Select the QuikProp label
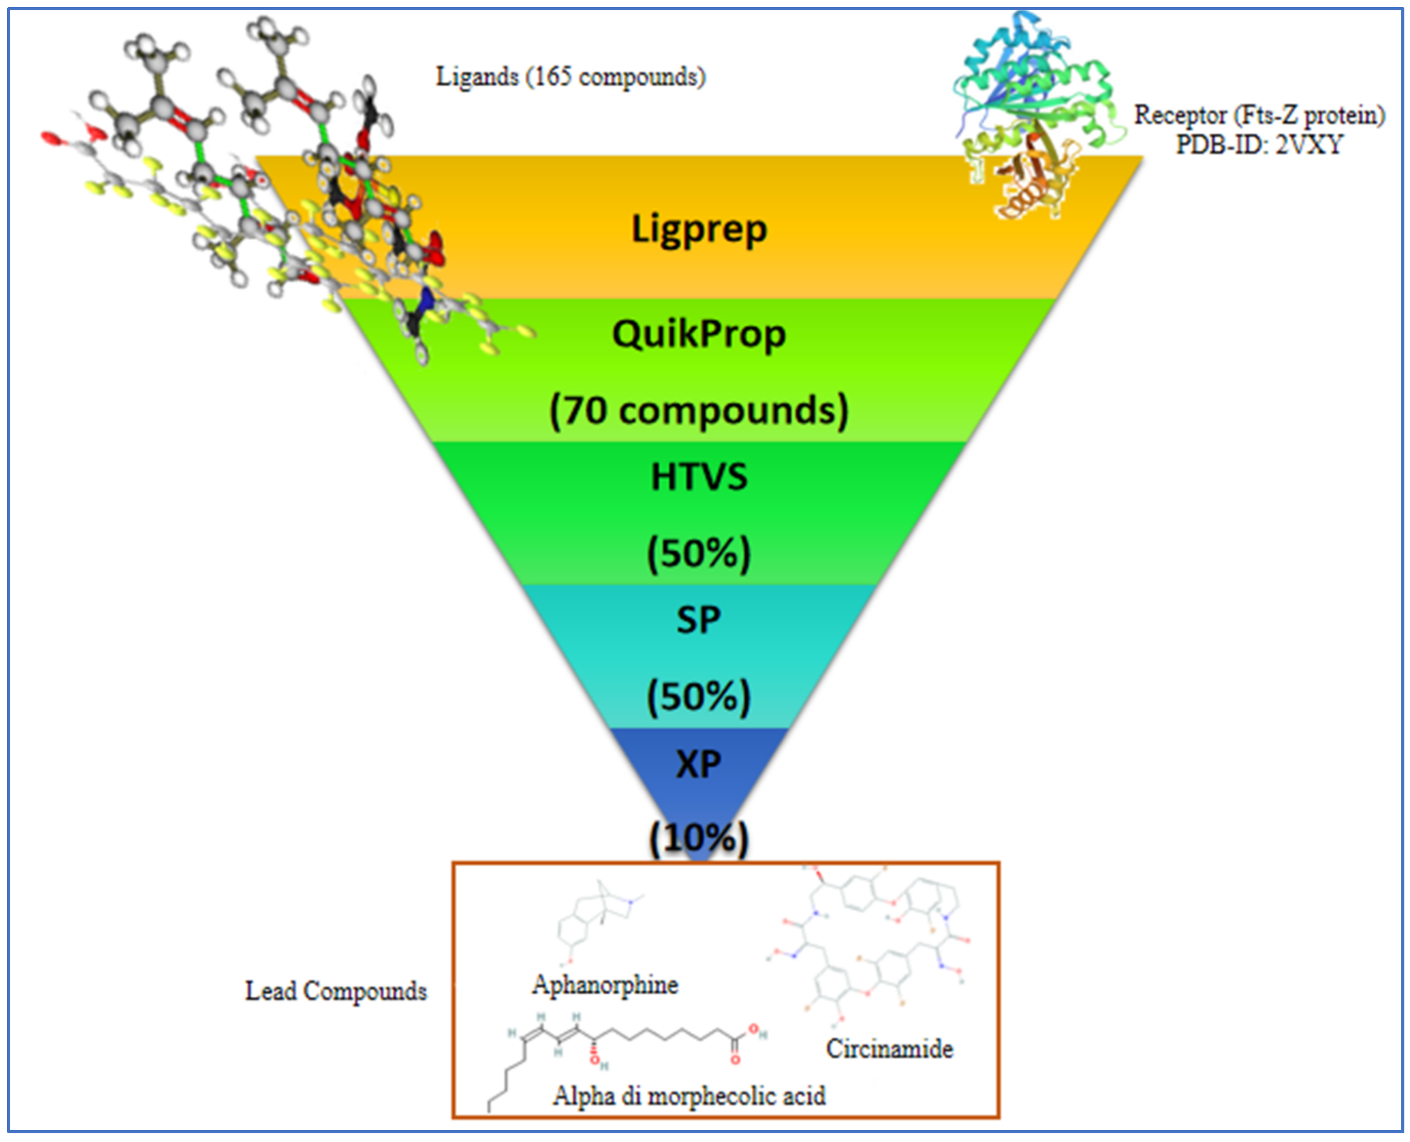pyautogui.click(x=699, y=334)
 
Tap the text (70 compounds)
pyautogui.click(x=699, y=410)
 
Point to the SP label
pyautogui.click(x=699, y=620)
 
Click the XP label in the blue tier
pyautogui.click(x=699, y=764)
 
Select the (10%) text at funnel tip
pyautogui.click(x=699, y=838)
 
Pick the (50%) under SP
pyautogui.click(x=699, y=697)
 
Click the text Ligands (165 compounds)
pyautogui.click(x=571, y=77)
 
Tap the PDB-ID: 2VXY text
pyautogui.click(x=1259, y=144)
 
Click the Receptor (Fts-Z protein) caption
pyautogui.click(x=1259, y=115)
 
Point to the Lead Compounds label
pyautogui.click(x=336, y=991)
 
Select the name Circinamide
pyautogui.click(x=889, y=1049)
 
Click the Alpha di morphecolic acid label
pyautogui.click(x=689, y=1096)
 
